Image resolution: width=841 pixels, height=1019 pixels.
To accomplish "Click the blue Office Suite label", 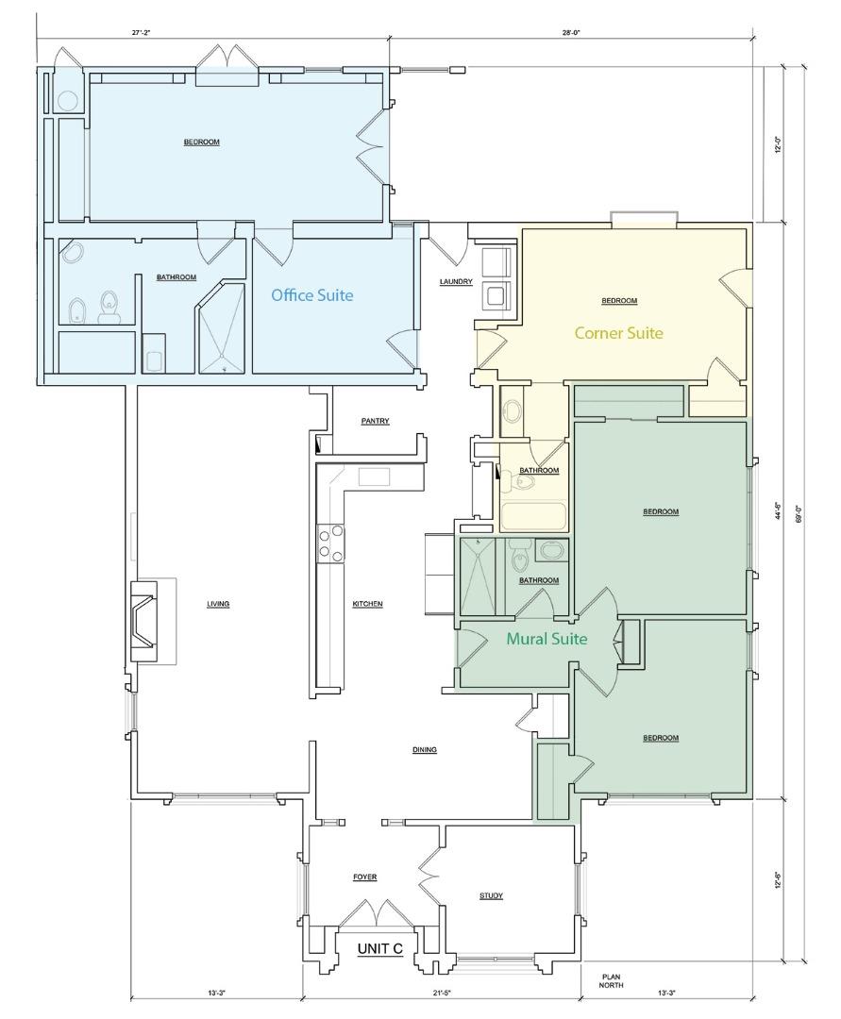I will pyautogui.click(x=311, y=295).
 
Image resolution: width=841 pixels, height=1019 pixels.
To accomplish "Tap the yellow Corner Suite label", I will pyautogui.click(x=618, y=333).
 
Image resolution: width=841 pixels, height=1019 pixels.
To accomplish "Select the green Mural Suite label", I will pyautogui.click(x=547, y=639).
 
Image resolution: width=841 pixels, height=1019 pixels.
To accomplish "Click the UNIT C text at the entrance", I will pyautogui.click(x=381, y=950).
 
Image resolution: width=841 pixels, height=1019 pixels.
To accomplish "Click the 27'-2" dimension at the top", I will pyautogui.click(x=143, y=32).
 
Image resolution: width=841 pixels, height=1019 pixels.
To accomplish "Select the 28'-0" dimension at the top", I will pyautogui.click(x=570, y=32).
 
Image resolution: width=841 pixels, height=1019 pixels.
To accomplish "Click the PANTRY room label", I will pyautogui.click(x=375, y=422).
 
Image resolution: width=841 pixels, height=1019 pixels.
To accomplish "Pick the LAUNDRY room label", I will pyautogui.click(x=456, y=281).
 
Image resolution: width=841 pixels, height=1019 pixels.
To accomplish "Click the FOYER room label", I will pyautogui.click(x=364, y=877).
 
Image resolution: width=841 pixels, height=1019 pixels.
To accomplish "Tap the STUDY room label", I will pyautogui.click(x=491, y=895).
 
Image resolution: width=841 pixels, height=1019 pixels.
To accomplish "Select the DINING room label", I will pyautogui.click(x=425, y=750).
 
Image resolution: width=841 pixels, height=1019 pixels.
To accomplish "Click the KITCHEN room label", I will pyautogui.click(x=368, y=604).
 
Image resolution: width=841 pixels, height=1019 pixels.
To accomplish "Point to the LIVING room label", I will pyautogui.click(x=218, y=604).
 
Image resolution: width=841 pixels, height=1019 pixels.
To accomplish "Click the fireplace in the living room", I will pyautogui.click(x=146, y=622).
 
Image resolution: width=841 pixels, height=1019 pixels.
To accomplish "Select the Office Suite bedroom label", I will pyautogui.click(x=201, y=142).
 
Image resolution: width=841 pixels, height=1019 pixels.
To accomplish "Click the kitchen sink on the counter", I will pyautogui.click(x=374, y=476).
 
